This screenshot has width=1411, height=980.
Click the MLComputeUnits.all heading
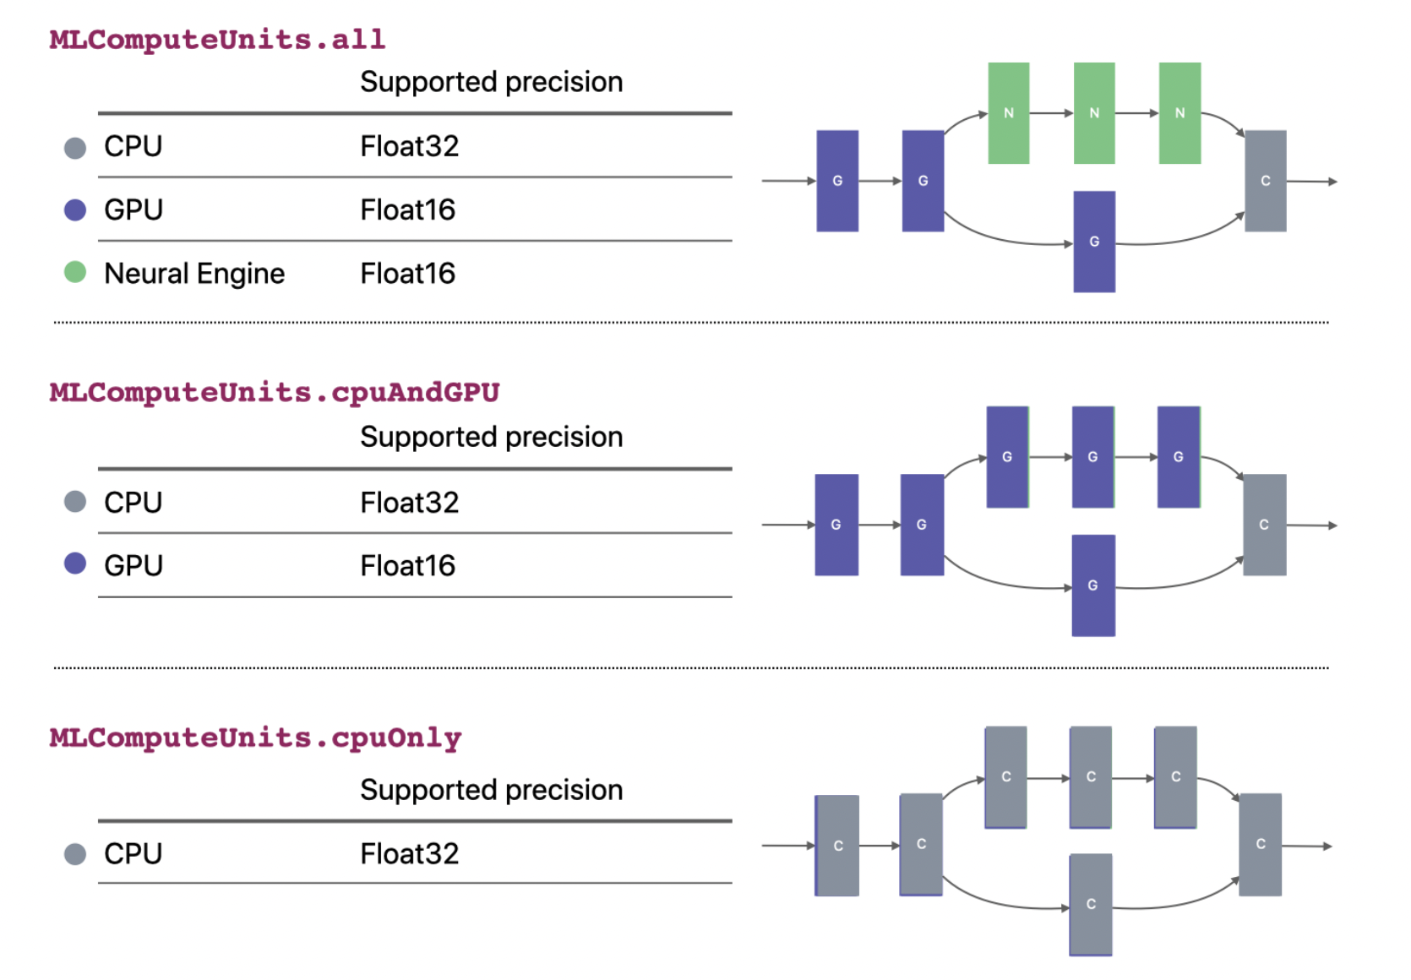pos(217,40)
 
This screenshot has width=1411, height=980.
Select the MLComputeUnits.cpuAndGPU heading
pos(275,393)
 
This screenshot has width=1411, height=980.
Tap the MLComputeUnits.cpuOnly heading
pos(255,738)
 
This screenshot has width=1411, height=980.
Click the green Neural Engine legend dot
pos(75,272)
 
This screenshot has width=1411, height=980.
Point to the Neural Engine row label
pos(194,274)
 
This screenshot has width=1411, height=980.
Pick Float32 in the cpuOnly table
pos(409,854)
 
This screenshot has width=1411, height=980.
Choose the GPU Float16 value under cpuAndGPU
pos(407,566)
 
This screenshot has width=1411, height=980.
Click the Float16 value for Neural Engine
pos(407,274)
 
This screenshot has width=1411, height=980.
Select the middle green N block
pos(1094,113)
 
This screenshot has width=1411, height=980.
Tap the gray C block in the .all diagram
pos(1265,181)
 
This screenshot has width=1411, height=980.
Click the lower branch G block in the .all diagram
pos(1094,242)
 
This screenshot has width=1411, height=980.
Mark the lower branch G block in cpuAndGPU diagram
pos(1093,585)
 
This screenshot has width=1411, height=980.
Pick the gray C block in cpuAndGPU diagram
pos(1264,525)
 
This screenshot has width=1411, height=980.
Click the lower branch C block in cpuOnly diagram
pos(1091,904)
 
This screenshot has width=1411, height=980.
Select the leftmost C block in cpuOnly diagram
pos(837,846)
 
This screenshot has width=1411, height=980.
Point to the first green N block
pos(1009,113)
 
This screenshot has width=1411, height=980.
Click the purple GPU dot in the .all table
pos(75,210)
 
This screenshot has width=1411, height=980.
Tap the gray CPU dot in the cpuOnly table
pos(75,854)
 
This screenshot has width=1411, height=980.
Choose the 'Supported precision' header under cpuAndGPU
pos(491,437)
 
